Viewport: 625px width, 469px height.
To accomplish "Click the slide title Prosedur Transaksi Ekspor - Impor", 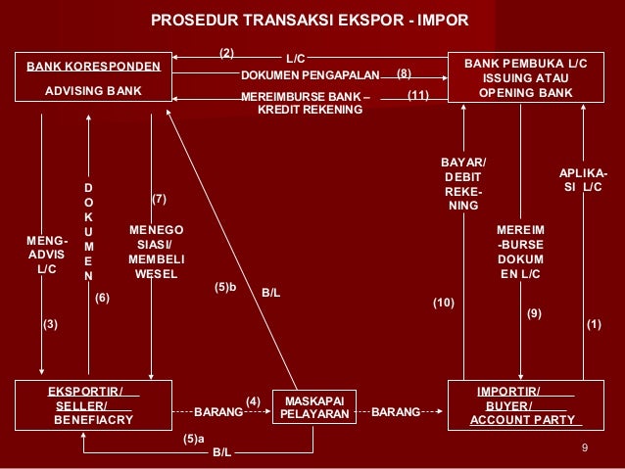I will (311, 21).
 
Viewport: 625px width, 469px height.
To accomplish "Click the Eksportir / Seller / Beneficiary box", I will (94, 405).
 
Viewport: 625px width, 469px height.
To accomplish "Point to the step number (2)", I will (226, 51).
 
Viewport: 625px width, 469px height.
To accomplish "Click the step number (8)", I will (405, 73).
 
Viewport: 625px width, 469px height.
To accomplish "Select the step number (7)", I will (160, 199).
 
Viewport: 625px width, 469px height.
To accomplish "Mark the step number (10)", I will (444, 305).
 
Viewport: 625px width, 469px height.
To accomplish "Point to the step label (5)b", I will (226, 287).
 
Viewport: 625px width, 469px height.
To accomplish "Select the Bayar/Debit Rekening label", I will (463, 184).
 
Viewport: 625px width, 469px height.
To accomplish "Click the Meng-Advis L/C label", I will (46, 254).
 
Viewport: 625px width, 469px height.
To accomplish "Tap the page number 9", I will (584, 448).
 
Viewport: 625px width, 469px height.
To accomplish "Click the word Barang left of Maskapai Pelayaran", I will (218, 412).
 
